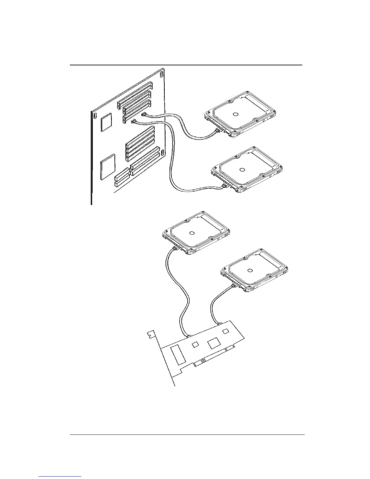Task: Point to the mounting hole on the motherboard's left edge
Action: tap(95, 116)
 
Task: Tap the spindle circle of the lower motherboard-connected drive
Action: tap(242, 170)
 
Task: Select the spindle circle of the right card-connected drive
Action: tap(250, 270)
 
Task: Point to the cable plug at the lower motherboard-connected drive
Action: tap(225, 186)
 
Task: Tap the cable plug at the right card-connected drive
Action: tap(234, 286)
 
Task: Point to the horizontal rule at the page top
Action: tap(186, 65)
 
